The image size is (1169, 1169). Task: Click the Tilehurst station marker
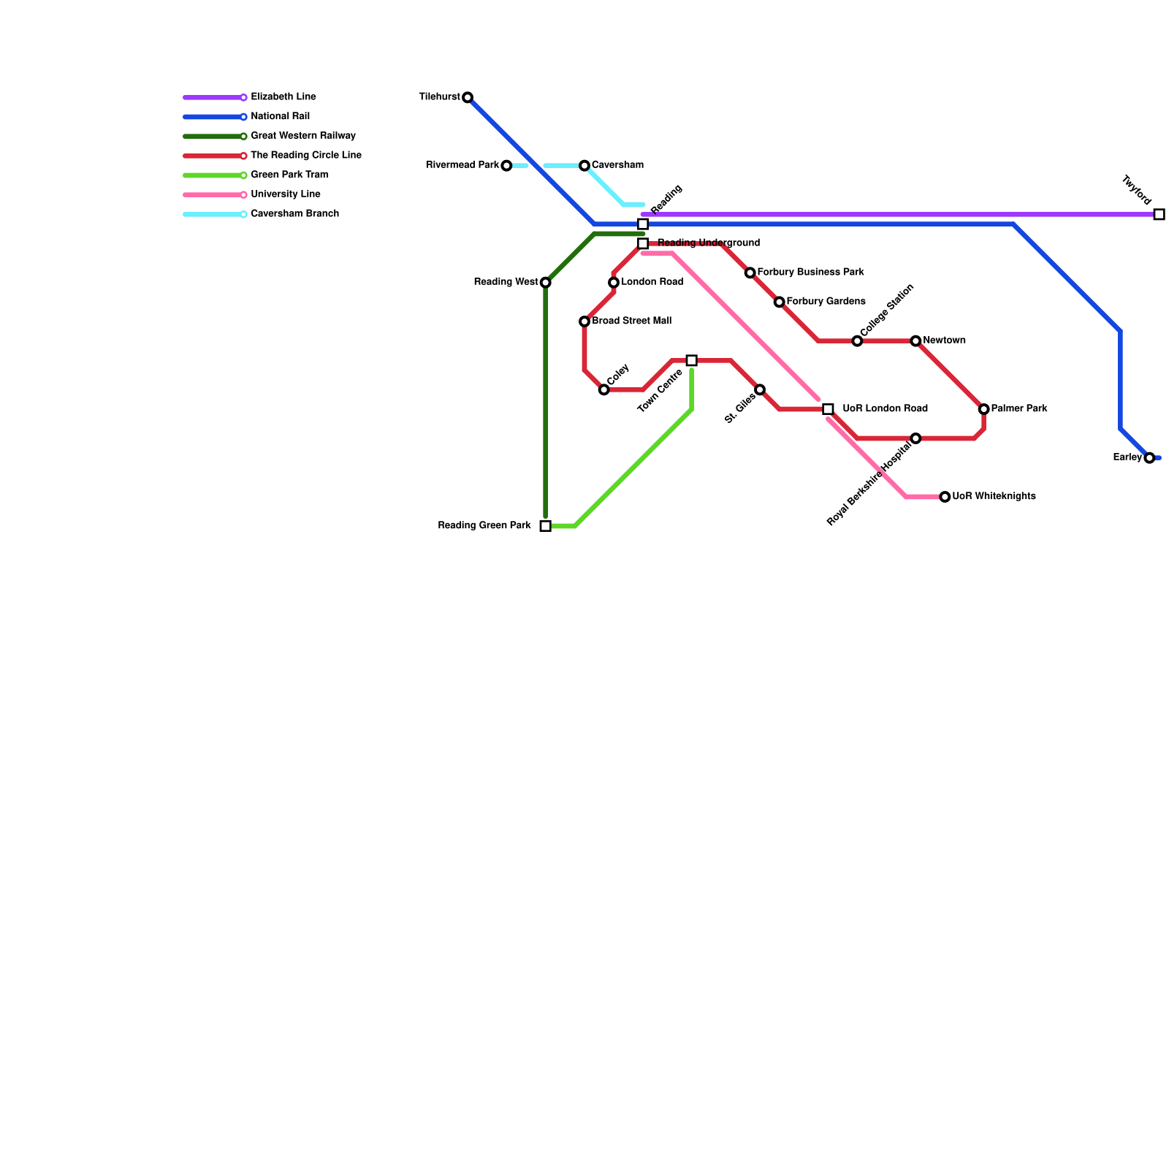(468, 97)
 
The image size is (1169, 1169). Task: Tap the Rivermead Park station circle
(506, 166)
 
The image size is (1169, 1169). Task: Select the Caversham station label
(617, 165)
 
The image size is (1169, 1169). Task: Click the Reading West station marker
(545, 283)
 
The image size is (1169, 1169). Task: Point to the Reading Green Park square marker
(545, 526)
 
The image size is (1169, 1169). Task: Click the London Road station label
(652, 282)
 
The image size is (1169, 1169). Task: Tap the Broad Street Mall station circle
(584, 321)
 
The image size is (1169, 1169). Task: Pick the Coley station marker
(603, 389)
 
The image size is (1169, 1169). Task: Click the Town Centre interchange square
(691, 360)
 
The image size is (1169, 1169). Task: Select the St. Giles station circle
(760, 389)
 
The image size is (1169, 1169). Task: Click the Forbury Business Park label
(810, 273)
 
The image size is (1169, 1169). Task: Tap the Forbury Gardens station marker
(779, 302)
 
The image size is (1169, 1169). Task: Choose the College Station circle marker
(857, 341)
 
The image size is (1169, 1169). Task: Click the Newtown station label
(944, 340)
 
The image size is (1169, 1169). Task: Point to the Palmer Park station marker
(983, 409)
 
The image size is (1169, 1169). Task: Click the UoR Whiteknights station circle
(945, 497)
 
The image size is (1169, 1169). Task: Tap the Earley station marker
(1149, 458)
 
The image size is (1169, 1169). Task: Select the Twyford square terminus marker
(1159, 214)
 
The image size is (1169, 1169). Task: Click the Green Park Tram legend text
(289, 175)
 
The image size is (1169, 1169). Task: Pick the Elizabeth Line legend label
(283, 97)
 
